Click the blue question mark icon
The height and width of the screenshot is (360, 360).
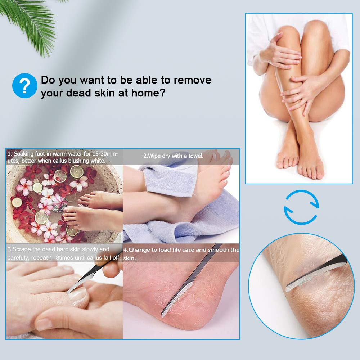coord(24,86)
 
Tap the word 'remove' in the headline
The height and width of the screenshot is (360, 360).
coord(192,80)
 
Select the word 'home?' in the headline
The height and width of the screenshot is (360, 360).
coord(148,93)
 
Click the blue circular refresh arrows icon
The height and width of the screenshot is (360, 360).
coord(301,207)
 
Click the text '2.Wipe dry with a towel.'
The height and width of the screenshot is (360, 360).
coord(174,156)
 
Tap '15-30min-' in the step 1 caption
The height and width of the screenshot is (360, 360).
coord(105,154)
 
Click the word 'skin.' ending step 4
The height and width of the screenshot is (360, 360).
coord(130,258)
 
